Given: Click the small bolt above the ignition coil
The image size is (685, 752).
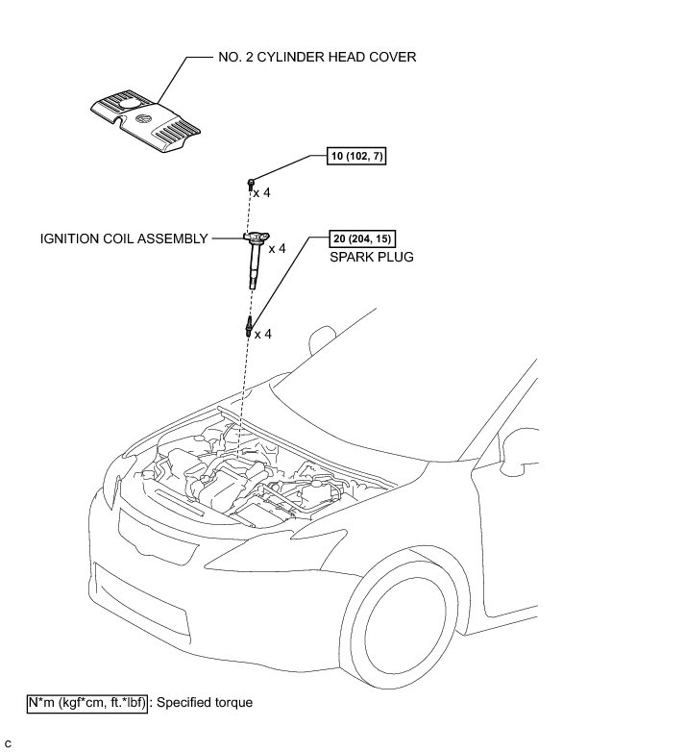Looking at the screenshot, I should tap(251, 181).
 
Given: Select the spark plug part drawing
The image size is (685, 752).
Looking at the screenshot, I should tap(249, 325).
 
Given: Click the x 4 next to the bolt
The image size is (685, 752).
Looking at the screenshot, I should tap(261, 193).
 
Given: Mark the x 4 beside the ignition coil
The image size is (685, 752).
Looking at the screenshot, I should tap(277, 248).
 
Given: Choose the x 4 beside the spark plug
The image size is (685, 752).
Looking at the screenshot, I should tap(262, 334).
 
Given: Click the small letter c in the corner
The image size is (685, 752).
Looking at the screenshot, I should tap(8, 743).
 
